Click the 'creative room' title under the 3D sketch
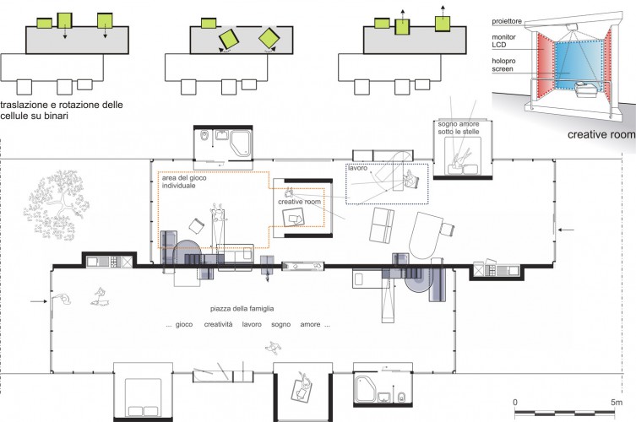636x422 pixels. (601, 134)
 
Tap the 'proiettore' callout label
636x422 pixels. (507, 21)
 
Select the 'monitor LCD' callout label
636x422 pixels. (503, 41)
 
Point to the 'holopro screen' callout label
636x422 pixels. (503, 65)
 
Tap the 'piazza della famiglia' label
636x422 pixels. (242, 309)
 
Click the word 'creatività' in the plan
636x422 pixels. (218, 324)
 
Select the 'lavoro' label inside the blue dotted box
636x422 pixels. (357, 168)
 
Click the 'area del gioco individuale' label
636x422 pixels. (184, 181)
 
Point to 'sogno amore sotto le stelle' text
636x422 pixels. (459, 127)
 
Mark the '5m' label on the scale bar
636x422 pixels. (616, 403)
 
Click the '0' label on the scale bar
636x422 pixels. (515, 403)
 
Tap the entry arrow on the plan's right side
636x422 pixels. (566, 230)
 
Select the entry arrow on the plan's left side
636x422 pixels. (39, 301)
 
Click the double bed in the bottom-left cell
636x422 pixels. (144, 398)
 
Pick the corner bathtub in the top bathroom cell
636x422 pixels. (241, 143)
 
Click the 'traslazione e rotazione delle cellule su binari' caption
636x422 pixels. (62, 111)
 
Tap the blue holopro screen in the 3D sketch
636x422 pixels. (578, 64)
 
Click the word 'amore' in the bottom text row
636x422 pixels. (310, 324)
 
